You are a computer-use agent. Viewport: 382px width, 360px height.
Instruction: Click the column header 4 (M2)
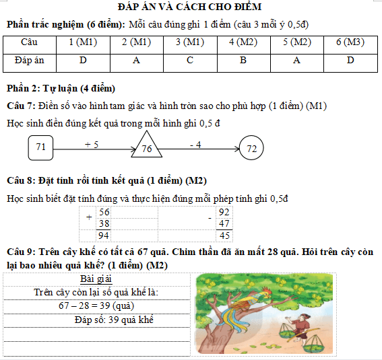(243, 42)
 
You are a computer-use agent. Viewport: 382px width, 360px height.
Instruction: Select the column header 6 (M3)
(350, 42)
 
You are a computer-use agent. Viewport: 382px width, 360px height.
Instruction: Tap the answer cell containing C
(190, 61)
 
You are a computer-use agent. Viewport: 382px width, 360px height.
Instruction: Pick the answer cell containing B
(243, 61)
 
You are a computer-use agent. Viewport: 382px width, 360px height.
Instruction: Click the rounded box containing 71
(41, 147)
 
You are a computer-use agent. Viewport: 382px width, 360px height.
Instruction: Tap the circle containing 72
(251, 148)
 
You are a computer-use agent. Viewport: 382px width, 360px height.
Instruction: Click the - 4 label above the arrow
(195, 144)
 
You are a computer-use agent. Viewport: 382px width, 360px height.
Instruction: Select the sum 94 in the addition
(104, 236)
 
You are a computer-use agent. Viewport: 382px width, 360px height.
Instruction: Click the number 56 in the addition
(104, 212)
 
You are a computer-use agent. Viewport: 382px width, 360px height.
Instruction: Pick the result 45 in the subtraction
(225, 236)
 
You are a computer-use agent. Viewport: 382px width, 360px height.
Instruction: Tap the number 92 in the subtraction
(225, 212)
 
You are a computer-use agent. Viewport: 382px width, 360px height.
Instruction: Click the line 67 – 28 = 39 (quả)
(97, 305)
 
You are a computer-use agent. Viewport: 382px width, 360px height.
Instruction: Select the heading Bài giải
(96, 279)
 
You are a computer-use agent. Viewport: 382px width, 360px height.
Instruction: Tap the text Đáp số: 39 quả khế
(115, 318)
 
